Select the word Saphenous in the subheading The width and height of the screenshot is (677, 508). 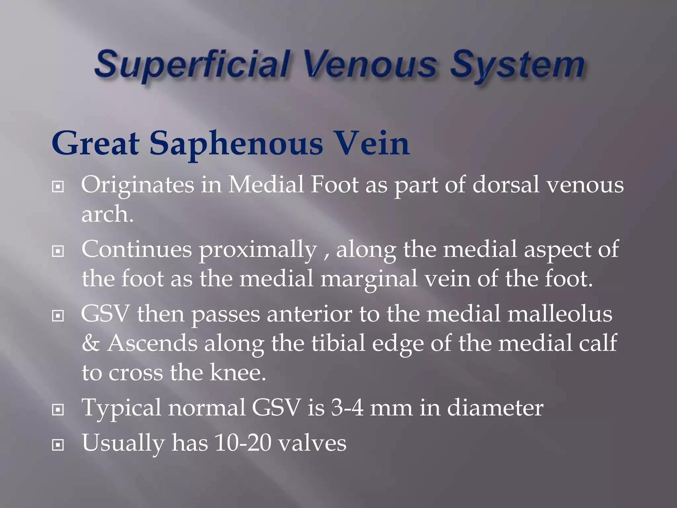236,144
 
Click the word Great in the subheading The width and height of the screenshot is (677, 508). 96,144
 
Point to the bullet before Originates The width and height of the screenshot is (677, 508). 58,187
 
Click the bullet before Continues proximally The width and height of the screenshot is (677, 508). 58,251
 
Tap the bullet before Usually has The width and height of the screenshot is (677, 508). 58,445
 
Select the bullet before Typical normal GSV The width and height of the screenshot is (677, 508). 58,410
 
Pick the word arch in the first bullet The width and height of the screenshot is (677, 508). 105,214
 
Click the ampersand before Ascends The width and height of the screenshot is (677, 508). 91,343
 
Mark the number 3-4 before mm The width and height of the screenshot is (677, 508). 347,407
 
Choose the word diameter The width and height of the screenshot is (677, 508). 495,407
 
